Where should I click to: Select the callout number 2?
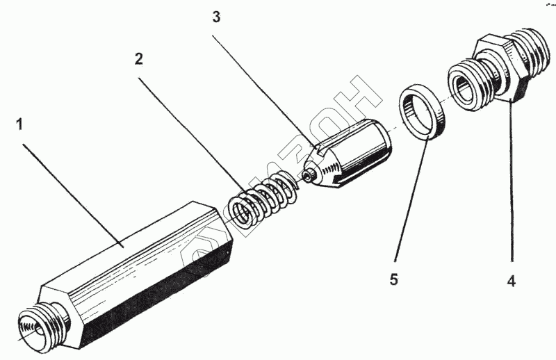pos(139,59)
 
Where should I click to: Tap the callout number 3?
pos(217,18)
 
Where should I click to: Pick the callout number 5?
pos(393,280)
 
